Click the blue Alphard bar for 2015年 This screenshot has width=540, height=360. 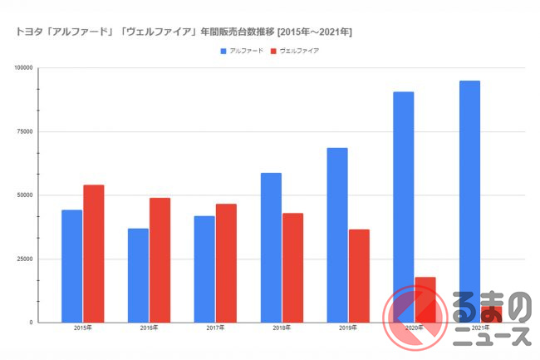[x=72, y=266]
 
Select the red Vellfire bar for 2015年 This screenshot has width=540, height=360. [x=94, y=254]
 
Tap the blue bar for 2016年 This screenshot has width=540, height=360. [x=138, y=275]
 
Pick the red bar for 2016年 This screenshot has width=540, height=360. [x=160, y=259]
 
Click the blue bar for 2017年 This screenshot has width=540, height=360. [x=204, y=269]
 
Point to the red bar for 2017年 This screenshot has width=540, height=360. [x=226, y=263]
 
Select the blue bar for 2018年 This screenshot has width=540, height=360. [x=271, y=247]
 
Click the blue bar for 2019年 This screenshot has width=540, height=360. [x=337, y=234]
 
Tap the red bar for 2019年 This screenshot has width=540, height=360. [x=359, y=275]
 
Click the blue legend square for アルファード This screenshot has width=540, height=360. [x=223, y=51]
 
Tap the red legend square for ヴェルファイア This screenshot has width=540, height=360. [x=274, y=51]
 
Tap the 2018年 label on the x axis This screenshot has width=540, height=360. [x=282, y=328]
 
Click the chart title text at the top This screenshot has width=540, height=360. [x=184, y=32]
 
